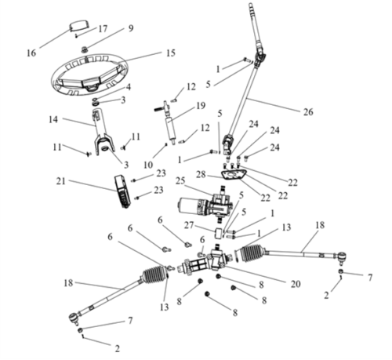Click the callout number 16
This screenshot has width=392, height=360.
31,53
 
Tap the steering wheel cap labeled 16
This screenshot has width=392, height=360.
78,26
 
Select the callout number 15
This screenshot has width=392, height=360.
170,53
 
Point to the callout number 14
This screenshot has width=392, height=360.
53,119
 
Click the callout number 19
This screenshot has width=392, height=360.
201,105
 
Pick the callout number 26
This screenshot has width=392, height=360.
308,112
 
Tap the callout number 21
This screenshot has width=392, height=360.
60,181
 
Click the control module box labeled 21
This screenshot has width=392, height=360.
122,191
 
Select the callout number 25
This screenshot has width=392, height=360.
180,181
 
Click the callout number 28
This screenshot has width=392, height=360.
201,174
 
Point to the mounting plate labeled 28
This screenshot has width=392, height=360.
234,175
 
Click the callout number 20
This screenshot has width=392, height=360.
296,284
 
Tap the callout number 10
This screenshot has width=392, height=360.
148,165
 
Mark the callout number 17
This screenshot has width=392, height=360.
103,29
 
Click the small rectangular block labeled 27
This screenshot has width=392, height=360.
219,233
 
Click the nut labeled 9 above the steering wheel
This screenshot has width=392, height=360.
85,49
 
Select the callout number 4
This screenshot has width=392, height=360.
129,87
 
